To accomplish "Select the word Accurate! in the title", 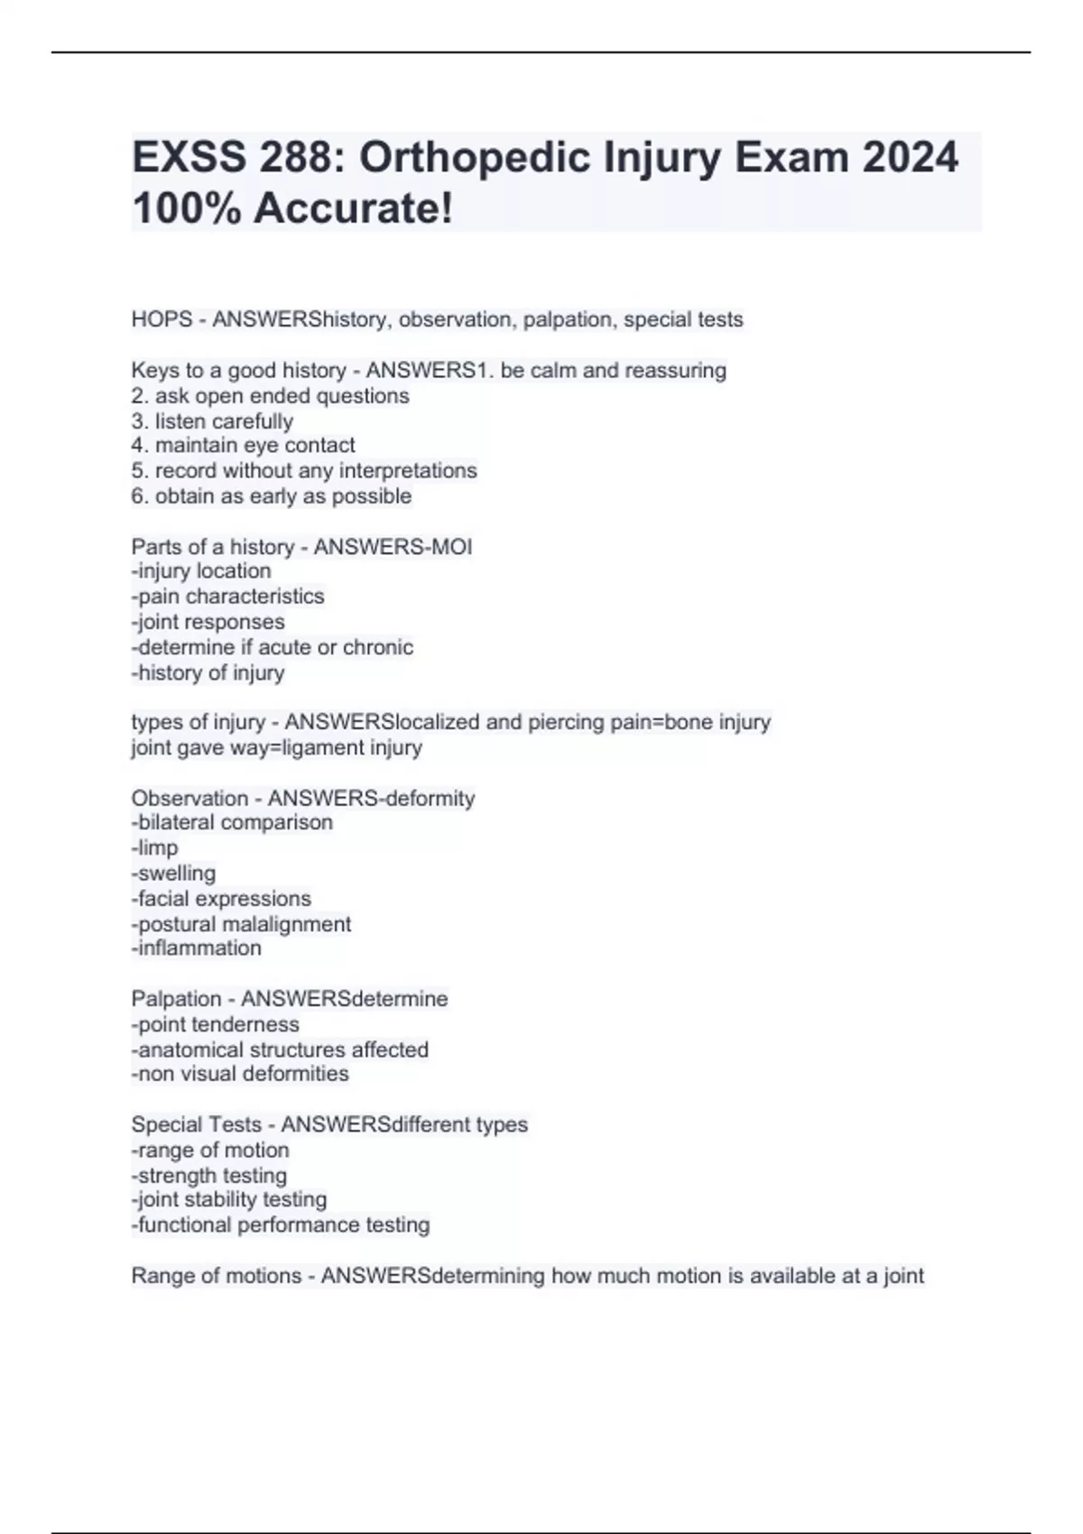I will [353, 208].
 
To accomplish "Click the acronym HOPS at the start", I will [162, 319].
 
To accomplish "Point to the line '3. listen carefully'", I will [212, 421].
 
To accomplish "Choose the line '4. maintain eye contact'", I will [243, 445].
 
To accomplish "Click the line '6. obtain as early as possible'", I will [271, 495].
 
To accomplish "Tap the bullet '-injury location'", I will [200, 571].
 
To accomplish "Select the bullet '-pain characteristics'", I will [227, 596].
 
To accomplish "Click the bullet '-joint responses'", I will [208, 622].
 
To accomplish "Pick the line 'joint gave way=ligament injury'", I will [276, 747].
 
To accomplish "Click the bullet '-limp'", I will [154, 847].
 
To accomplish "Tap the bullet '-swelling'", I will [173, 873].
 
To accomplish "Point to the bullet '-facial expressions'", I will [221, 899].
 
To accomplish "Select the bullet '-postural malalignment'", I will [241, 924].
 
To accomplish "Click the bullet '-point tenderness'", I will [215, 1024].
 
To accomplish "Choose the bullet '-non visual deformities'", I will [240, 1074].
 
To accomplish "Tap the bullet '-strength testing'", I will [209, 1175].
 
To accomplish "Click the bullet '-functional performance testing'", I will [281, 1224].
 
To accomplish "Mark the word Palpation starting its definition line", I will [176, 999].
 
